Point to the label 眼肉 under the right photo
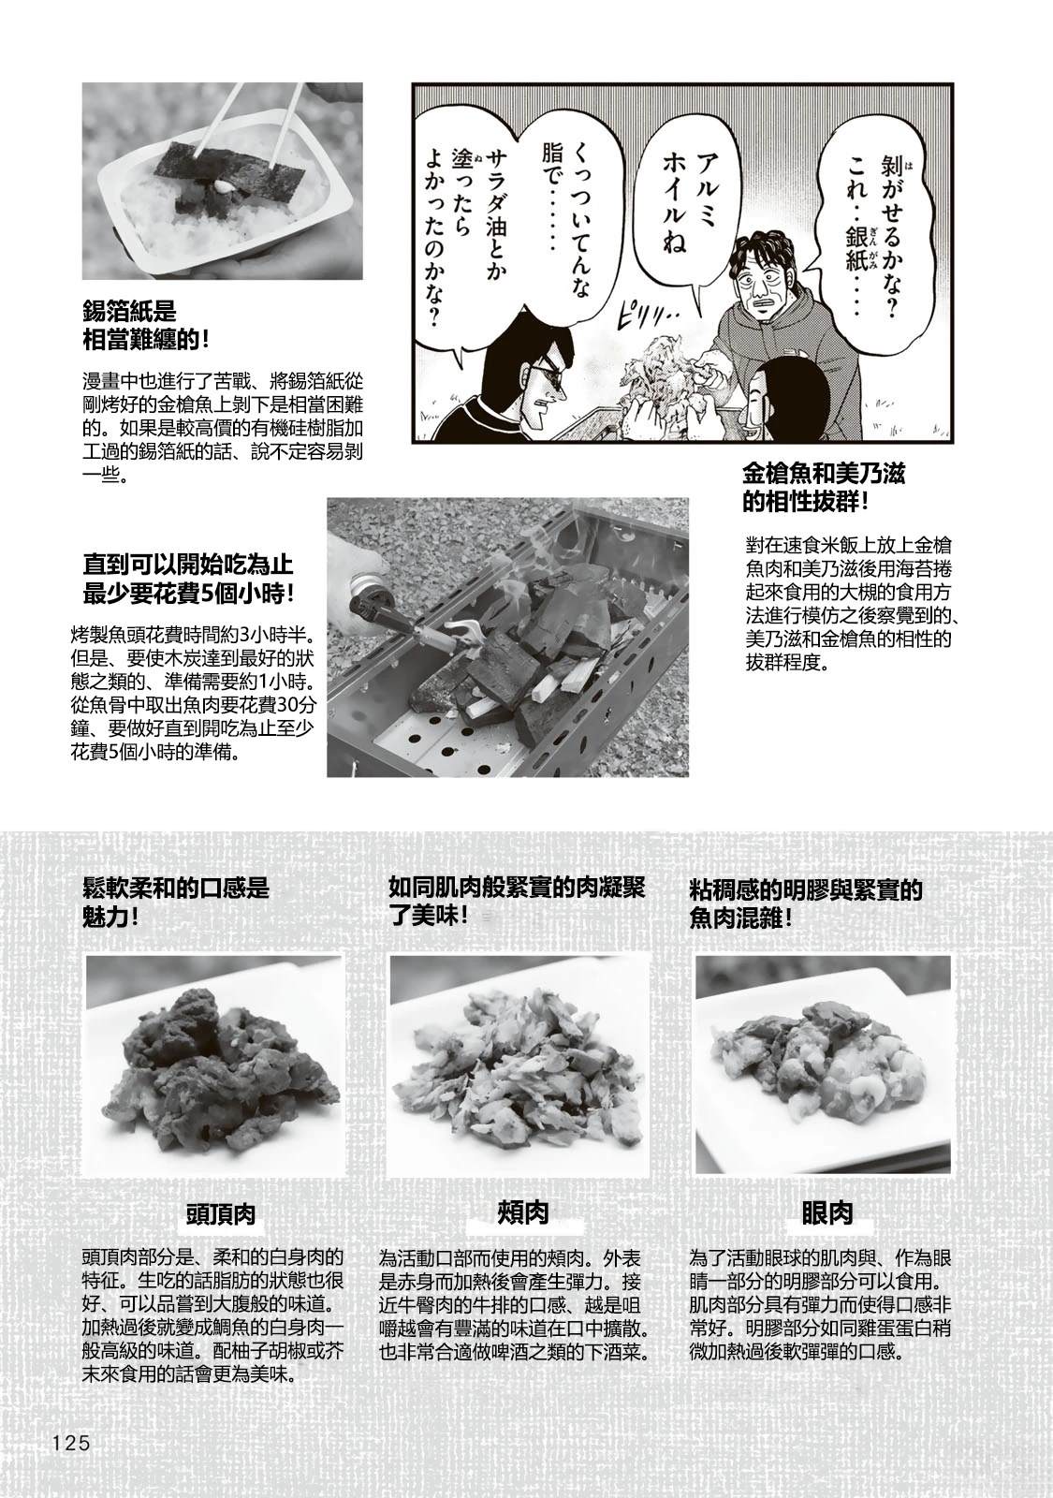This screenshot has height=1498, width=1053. [x=827, y=1213]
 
